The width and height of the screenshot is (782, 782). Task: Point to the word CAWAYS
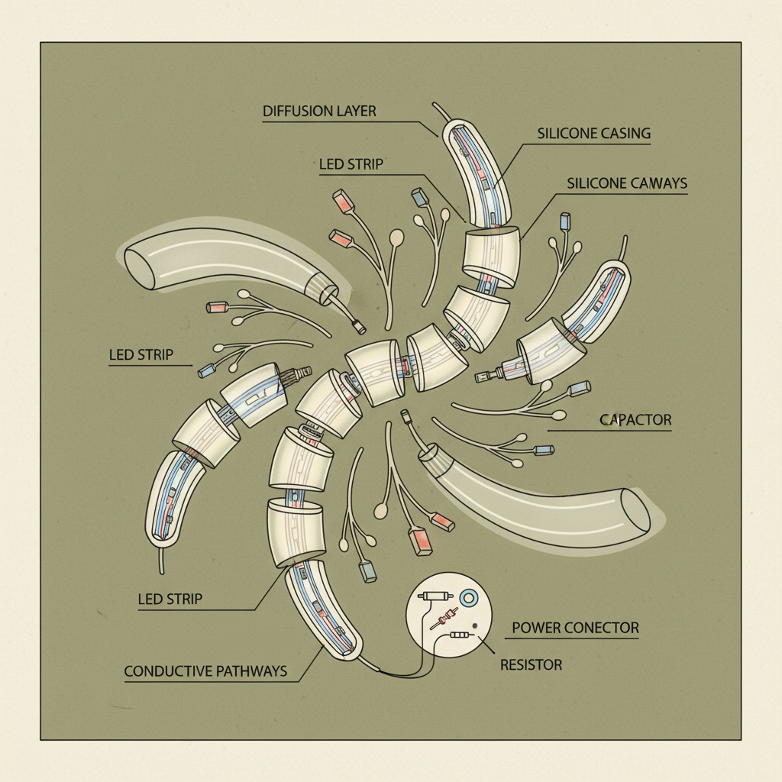pos(657,183)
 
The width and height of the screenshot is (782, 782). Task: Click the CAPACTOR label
pos(635,420)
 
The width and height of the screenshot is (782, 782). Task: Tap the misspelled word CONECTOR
pos(599,628)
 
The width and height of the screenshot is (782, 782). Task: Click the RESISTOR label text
pos(532,665)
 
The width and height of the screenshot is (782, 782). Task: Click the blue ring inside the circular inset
pos(469,597)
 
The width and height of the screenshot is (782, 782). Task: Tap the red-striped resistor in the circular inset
pos(446,617)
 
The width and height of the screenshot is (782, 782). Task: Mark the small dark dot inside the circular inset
pos(474,626)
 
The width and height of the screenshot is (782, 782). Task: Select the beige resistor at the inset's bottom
pos(460,635)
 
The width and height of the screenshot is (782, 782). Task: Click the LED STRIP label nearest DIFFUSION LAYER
pos(351,164)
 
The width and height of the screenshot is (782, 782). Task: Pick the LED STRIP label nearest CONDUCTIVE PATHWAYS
pos(170,599)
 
